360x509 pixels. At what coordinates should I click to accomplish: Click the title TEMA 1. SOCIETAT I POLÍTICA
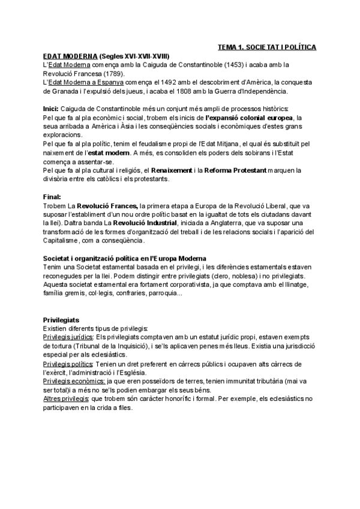267,47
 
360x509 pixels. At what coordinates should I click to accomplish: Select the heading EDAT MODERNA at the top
65,55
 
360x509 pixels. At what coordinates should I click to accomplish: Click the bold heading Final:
52,197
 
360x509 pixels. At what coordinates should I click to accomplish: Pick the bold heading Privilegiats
62,321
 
